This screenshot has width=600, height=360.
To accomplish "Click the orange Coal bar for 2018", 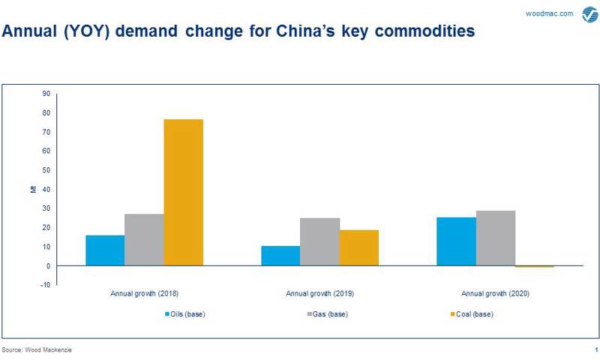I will point(183,192).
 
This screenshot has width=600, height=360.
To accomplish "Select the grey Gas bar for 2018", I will point(144,240).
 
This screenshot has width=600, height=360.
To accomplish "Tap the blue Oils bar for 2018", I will point(105,250).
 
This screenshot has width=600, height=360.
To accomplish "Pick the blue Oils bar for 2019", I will point(280,256).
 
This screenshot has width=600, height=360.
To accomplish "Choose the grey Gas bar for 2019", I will point(319,241).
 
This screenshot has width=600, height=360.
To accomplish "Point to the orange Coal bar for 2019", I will point(358,247).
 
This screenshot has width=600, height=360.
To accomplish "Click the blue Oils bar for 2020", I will point(456,241).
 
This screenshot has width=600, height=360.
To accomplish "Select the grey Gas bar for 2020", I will point(495,238).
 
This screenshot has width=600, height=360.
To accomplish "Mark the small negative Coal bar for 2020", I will point(534,266).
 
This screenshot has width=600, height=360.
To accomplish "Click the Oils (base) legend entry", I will point(184,313).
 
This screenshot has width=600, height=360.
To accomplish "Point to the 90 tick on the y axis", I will point(46,94).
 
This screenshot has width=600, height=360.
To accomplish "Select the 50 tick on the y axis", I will point(46,170).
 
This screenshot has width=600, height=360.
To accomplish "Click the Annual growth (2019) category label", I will point(319,293).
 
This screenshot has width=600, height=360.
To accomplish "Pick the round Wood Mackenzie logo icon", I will point(589,13).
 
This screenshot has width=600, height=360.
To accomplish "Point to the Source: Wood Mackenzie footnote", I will point(37,350).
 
